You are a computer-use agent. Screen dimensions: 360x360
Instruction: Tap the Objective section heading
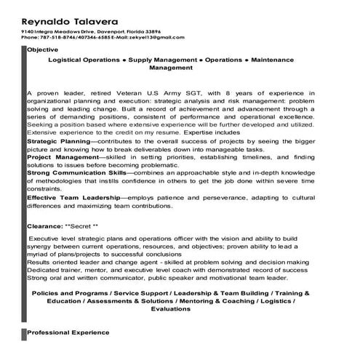43,49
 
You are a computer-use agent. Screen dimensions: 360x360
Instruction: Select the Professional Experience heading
68,332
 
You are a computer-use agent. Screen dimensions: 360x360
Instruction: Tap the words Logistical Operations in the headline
81,57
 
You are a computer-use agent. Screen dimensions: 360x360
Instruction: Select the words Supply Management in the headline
162,57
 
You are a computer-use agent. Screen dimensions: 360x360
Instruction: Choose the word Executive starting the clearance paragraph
44,238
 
